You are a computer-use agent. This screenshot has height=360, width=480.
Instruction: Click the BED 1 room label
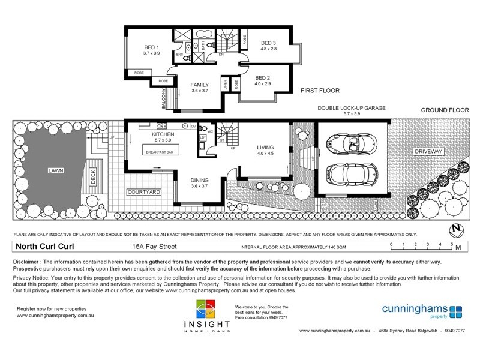151,47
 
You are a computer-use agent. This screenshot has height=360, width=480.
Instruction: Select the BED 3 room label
268,43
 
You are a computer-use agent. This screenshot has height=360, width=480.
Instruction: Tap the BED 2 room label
263,78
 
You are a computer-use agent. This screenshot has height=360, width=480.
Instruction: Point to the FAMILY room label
199,85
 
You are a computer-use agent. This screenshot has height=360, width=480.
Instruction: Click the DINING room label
200,180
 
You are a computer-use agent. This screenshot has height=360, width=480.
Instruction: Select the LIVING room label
265,146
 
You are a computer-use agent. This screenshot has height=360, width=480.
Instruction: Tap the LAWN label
55,170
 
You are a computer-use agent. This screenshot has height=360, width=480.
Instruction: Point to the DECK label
93,175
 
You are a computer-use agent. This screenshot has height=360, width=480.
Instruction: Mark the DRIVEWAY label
427,152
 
